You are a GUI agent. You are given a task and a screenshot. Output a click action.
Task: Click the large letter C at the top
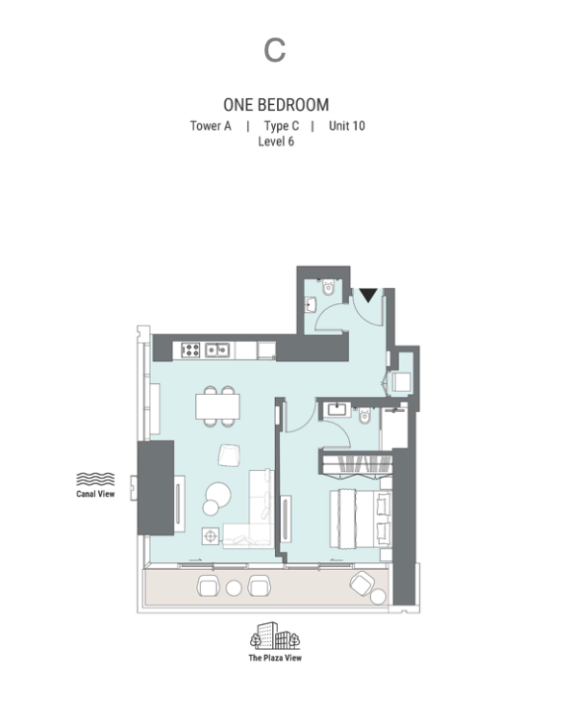(x=275, y=50)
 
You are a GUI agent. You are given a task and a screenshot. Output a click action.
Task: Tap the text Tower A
(x=211, y=126)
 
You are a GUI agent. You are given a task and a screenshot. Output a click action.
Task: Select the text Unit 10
(x=347, y=126)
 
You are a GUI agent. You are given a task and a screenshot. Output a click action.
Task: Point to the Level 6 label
(x=276, y=142)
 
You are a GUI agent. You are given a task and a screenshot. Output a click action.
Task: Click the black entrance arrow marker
(x=368, y=295)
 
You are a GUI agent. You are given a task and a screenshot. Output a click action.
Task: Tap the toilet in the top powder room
(x=328, y=287)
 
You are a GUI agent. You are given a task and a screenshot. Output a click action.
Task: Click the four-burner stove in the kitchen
(x=190, y=350)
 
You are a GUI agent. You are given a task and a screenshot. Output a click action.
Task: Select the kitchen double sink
(x=217, y=350)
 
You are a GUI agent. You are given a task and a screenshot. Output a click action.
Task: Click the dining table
(x=217, y=406)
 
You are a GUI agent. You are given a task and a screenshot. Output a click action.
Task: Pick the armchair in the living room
(x=230, y=455)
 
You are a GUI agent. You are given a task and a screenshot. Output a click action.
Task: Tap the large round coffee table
(x=218, y=495)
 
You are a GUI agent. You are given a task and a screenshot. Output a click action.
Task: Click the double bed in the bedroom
(x=361, y=519)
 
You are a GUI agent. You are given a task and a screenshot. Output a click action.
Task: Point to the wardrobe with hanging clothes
(x=357, y=463)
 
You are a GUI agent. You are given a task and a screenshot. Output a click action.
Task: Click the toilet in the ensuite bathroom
(x=365, y=415)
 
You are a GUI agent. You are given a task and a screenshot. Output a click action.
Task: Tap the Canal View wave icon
(x=95, y=480)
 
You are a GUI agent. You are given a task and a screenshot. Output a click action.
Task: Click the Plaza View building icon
(x=275, y=636)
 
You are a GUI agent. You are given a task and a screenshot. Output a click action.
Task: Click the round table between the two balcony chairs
(x=234, y=588)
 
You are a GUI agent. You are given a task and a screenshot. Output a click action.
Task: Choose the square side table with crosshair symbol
(x=211, y=536)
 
